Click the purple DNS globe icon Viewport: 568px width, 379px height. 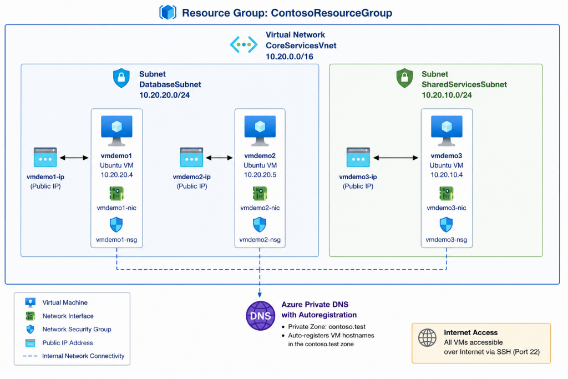[x=261, y=316]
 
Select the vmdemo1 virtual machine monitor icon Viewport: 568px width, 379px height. [x=116, y=130]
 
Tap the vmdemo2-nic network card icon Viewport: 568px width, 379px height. [x=260, y=194]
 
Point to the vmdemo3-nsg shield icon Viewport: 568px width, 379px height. [x=447, y=225]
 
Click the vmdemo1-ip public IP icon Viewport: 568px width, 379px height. [x=45, y=157]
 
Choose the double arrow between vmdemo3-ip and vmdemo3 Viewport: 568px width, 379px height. [x=395, y=158]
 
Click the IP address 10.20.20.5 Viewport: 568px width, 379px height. [x=260, y=175]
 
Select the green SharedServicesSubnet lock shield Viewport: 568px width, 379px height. [x=404, y=78]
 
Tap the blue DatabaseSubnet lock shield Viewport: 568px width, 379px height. [x=121, y=78]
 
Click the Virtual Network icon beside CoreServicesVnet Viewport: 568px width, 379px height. [x=244, y=44]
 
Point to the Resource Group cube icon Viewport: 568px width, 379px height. [x=168, y=12]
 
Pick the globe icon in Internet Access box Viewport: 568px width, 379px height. [x=428, y=338]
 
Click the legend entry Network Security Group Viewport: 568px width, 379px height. [x=77, y=330]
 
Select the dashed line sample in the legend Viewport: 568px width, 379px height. [x=30, y=356]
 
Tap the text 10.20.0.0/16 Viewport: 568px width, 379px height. [x=290, y=57]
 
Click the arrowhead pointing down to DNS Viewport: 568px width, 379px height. [x=260, y=295]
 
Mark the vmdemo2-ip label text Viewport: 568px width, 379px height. [x=191, y=177]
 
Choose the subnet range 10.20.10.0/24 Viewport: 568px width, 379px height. [x=447, y=95]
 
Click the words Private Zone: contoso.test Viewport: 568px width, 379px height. [x=327, y=326]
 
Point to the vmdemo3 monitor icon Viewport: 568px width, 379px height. [x=447, y=130]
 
